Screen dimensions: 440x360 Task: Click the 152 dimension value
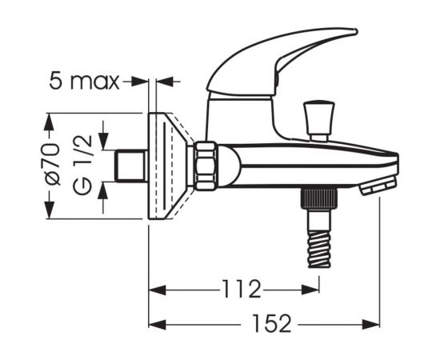tap(272, 323)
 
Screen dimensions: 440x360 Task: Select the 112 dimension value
tap(242, 289)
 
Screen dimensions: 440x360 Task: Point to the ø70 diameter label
tap(53, 164)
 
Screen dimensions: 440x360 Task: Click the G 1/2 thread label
tap(82, 165)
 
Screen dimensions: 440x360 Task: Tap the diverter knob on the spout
tap(319, 121)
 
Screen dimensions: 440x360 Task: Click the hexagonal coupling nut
tap(206, 166)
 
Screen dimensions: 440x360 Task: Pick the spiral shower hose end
tap(319, 249)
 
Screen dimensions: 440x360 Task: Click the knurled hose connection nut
tap(319, 198)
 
